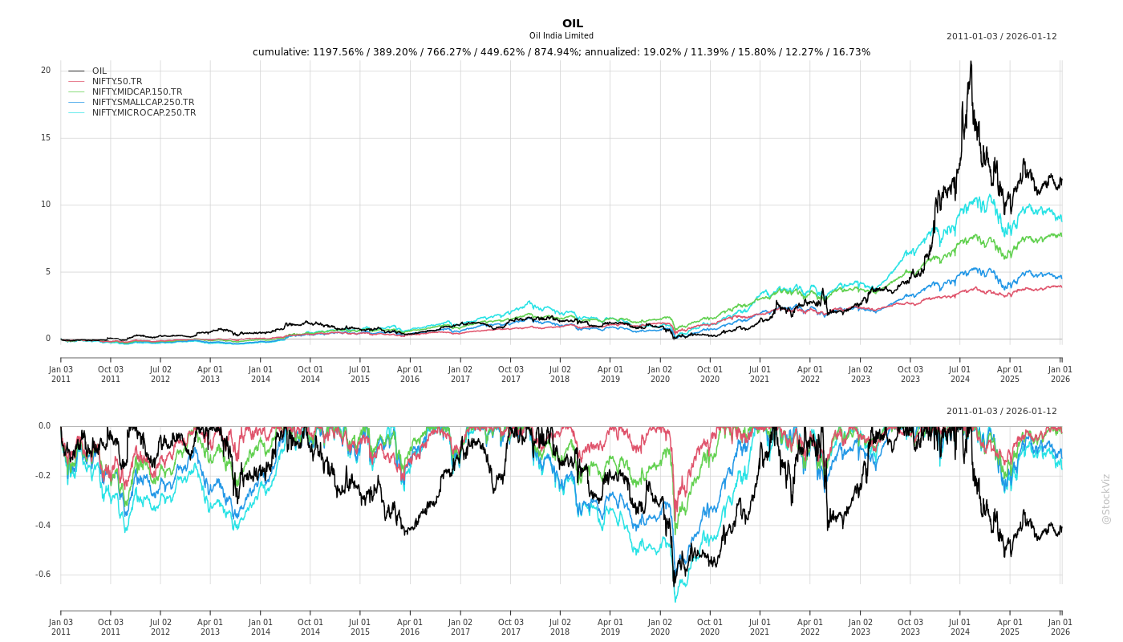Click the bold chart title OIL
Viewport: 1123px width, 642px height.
(x=572, y=23)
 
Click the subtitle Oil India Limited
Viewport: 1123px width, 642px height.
(x=561, y=36)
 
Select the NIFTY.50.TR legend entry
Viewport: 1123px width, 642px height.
(x=117, y=81)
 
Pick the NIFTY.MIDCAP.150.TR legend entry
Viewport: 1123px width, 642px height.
(x=136, y=91)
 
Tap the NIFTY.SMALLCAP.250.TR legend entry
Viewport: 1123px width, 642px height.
(x=143, y=102)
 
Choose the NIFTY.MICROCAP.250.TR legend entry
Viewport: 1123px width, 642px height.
(x=144, y=112)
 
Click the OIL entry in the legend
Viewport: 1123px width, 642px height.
(x=99, y=71)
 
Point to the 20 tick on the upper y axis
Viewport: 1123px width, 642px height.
(x=46, y=71)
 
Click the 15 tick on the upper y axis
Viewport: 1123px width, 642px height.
(x=46, y=138)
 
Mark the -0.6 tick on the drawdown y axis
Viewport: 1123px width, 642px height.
(x=43, y=575)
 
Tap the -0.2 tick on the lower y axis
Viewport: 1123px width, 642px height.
(x=43, y=476)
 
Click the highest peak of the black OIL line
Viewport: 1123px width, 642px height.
(x=971, y=62)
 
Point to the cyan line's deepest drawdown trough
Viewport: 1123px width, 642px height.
(x=675, y=601)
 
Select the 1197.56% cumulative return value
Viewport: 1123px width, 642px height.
(x=343, y=52)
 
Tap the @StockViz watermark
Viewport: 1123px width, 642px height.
(x=1106, y=498)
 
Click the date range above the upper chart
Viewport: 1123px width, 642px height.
(x=1001, y=36)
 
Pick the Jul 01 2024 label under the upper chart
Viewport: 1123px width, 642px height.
(x=960, y=374)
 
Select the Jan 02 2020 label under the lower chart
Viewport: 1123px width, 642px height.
(x=660, y=627)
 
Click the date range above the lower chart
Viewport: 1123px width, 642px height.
(x=1001, y=411)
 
